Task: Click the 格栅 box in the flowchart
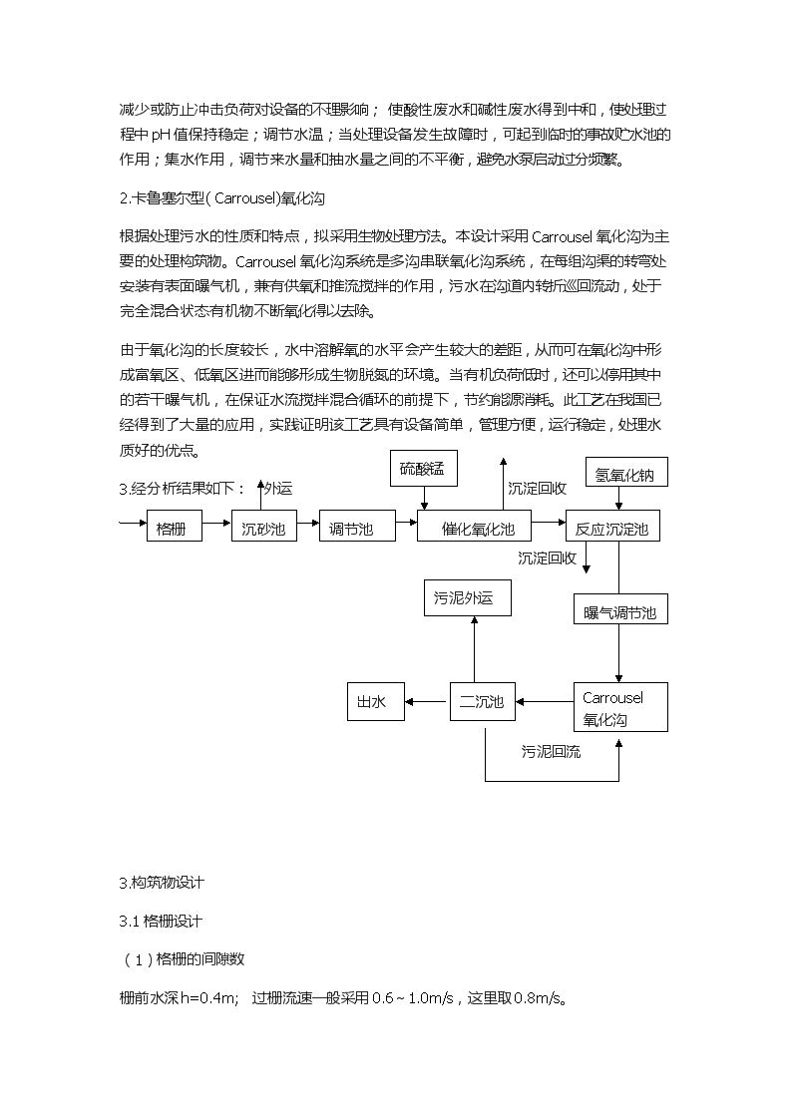coord(175,526)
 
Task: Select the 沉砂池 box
coord(263,526)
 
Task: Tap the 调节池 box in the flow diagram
coord(357,526)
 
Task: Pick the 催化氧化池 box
coord(474,526)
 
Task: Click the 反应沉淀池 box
coord(612,526)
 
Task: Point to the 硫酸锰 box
coord(424,469)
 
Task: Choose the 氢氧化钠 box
coord(626,472)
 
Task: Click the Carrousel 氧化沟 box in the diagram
coord(620,707)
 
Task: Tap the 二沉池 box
coord(483,701)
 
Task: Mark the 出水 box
coord(376,701)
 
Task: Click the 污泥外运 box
coord(467,597)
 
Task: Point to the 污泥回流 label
coord(551,751)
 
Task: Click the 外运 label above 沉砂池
coord(278,489)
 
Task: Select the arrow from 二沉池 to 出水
coord(427,701)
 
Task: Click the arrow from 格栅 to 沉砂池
coord(217,523)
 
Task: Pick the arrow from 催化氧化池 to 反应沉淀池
coord(549,523)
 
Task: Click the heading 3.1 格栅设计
coord(161,922)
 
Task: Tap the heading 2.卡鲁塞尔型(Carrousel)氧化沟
coord(222,198)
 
